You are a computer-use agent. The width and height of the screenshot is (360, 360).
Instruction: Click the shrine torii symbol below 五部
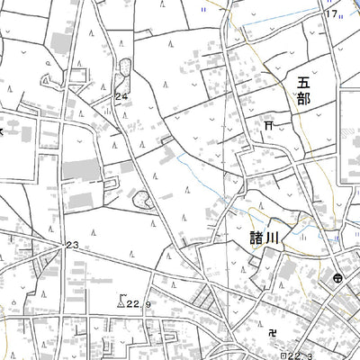click(268, 126)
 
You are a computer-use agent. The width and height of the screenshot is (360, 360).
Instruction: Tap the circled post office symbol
click(335, 280)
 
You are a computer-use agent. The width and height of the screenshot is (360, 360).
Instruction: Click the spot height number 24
click(121, 95)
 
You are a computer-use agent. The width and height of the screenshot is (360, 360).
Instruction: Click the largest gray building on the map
click(83, 167)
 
